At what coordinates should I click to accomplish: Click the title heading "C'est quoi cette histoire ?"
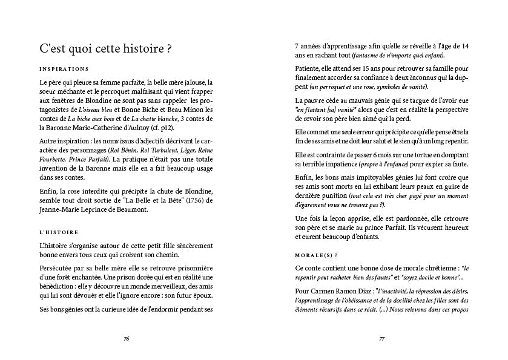[105, 49]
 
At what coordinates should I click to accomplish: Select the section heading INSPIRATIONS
[64, 69]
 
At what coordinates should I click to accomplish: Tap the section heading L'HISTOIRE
[61, 232]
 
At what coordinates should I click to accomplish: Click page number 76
[126, 339]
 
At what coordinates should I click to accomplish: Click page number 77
[382, 339]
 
